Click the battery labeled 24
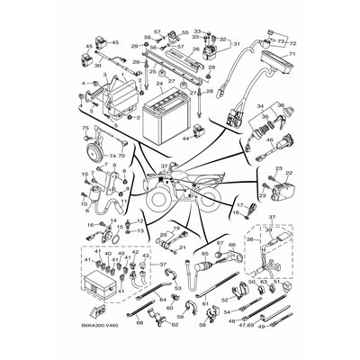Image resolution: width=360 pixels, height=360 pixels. (165, 116)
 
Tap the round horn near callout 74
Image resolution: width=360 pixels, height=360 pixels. (87, 156)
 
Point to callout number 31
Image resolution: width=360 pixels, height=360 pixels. (236, 43)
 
